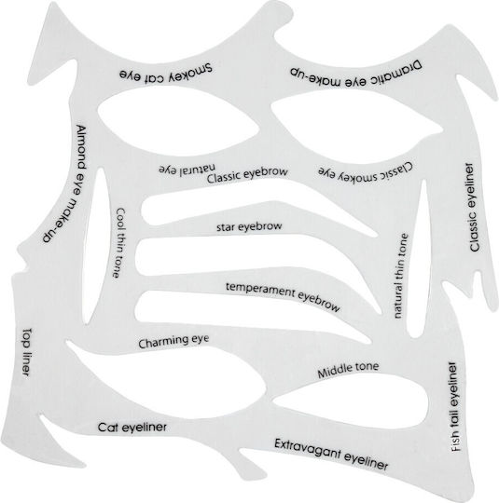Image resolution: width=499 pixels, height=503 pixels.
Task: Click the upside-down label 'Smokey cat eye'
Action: point(166,74)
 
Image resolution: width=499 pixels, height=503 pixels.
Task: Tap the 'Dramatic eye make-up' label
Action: point(355,75)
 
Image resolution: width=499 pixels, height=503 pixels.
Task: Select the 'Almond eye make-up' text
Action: point(66,184)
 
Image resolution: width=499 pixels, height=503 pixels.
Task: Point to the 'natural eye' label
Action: point(187,169)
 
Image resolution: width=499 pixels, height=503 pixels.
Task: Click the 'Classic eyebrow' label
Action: point(247,175)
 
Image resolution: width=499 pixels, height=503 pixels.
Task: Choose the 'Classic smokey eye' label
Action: point(366,171)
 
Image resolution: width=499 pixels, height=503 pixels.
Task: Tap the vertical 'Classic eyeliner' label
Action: point(473,208)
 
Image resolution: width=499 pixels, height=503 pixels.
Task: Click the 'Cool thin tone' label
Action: point(119,243)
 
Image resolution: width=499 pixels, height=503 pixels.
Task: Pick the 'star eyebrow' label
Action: point(249,226)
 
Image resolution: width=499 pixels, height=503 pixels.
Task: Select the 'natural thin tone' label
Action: point(400,276)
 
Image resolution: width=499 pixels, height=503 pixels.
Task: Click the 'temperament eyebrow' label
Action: point(283,297)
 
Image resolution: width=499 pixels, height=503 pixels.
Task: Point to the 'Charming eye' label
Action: point(173,341)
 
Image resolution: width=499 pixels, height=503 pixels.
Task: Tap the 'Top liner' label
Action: point(27,352)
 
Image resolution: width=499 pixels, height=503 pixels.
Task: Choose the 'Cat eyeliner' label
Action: point(132,428)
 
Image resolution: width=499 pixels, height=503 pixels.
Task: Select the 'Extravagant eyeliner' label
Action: point(331,455)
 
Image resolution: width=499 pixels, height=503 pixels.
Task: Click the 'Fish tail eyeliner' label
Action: point(453,407)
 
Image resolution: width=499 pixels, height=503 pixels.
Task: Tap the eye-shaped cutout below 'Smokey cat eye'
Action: point(179,120)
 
